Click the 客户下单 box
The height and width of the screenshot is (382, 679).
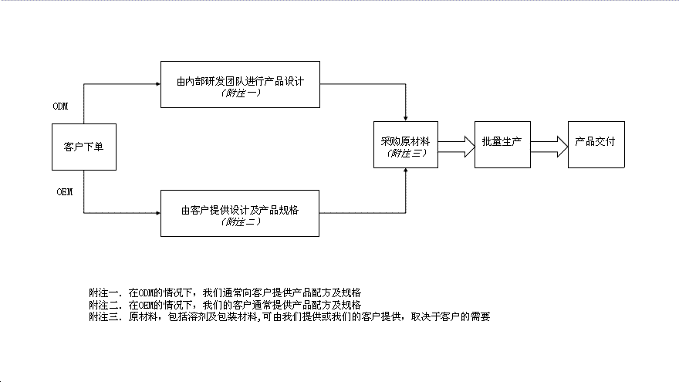tap(83, 146)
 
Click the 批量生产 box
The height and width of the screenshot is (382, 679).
tap(502, 144)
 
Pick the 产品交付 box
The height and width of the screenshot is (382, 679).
tap(596, 144)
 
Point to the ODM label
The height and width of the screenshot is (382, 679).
tap(60, 106)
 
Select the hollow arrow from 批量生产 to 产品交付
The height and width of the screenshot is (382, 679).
tap(549, 147)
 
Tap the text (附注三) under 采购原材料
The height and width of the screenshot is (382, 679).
tap(405, 153)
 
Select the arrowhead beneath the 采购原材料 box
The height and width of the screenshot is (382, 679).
tap(405, 171)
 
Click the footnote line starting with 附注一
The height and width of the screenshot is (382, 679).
tap(225, 293)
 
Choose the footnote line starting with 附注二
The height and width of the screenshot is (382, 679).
tap(225, 305)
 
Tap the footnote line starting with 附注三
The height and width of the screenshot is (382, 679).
tap(289, 316)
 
